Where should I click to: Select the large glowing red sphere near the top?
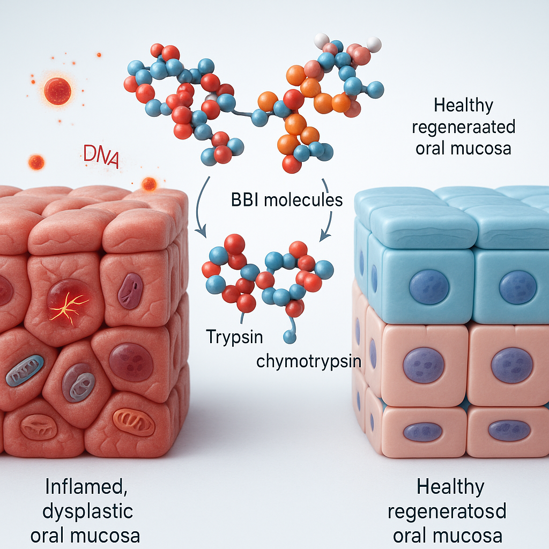coord(57,91)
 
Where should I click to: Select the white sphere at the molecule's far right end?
coord(374,44)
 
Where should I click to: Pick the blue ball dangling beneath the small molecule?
coord(290,337)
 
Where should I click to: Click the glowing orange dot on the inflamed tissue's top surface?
coord(149,184)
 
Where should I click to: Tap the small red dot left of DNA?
coord(36,162)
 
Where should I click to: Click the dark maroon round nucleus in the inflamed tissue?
coord(131,362)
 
